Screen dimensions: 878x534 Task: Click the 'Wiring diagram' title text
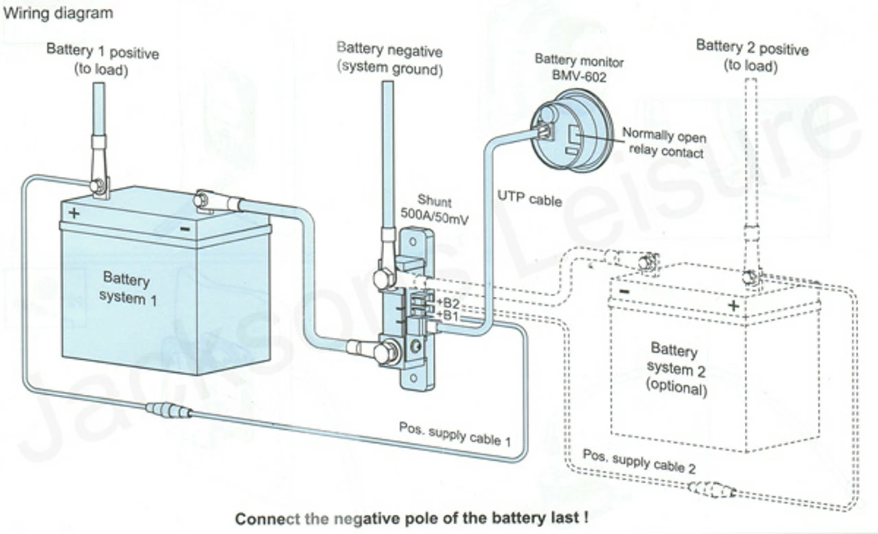(x=58, y=13)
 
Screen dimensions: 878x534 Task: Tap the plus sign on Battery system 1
(x=74, y=213)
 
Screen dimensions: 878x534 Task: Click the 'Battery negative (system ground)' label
(x=389, y=60)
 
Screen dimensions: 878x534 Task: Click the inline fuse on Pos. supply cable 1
(x=168, y=411)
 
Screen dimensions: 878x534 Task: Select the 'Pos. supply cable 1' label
(x=455, y=434)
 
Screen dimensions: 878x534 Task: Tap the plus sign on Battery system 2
(x=733, y=305)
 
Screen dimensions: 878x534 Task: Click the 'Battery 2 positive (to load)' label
(x=752, y=56)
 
